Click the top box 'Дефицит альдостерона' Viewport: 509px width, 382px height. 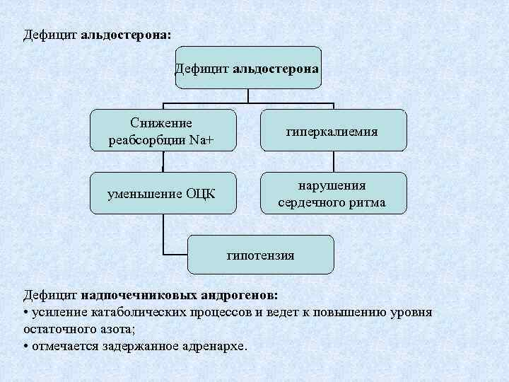[248, 68]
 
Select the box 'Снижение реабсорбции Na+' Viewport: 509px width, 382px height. [163, 130]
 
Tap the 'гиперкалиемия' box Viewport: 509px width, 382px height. [334, 130]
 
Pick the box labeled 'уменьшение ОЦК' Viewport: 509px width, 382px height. [163, 193]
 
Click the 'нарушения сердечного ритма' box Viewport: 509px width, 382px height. [334, 193]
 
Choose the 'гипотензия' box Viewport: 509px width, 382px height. [260, 255]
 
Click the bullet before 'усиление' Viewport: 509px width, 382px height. [26, 313]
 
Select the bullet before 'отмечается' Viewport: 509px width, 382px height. [26, 347]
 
